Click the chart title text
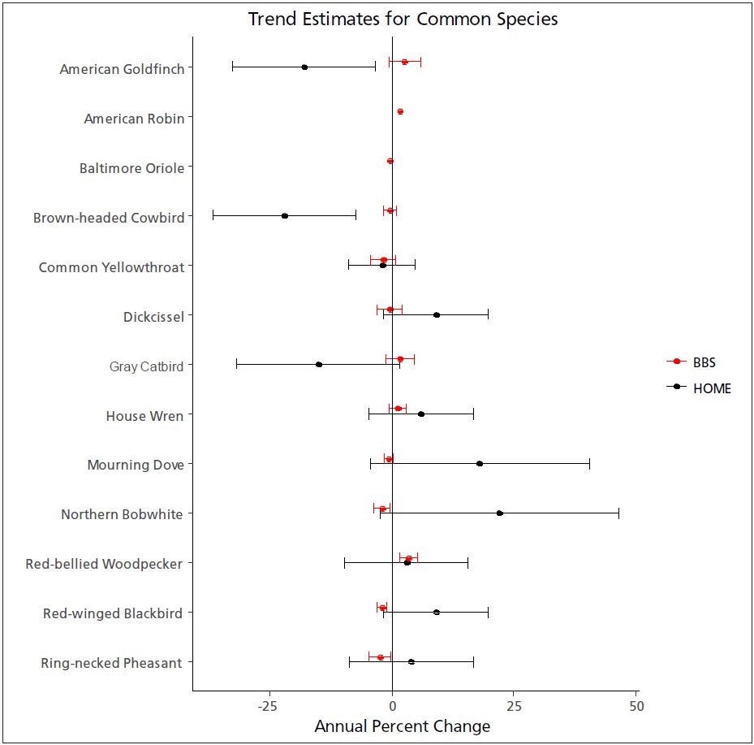(x=403, y=19)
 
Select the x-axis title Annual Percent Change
(x=402, y=726)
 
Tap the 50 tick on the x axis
(x=636, y=705)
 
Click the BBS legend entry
(x=704, y=362)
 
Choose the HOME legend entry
(x=711, y=388)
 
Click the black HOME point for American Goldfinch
(x=304, y=67)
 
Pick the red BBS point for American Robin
(x=400, y=111)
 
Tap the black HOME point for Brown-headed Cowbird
(x=285, y=215)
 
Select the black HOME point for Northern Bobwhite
(x=499, y=513)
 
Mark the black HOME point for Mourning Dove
(x=480, y=463)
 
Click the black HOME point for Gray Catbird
(x=319, y=364)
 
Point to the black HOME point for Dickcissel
(x=437, y=314)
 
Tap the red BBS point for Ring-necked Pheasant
(x=380, y=657)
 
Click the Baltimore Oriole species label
(x=131, y=168)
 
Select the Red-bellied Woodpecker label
(x=104, y=564)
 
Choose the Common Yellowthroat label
(x=111, y=267)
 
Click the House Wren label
(x=144, y=416)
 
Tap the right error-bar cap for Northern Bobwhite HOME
(x=618, y=513)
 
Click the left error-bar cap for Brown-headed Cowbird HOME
(x=213, y=215)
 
